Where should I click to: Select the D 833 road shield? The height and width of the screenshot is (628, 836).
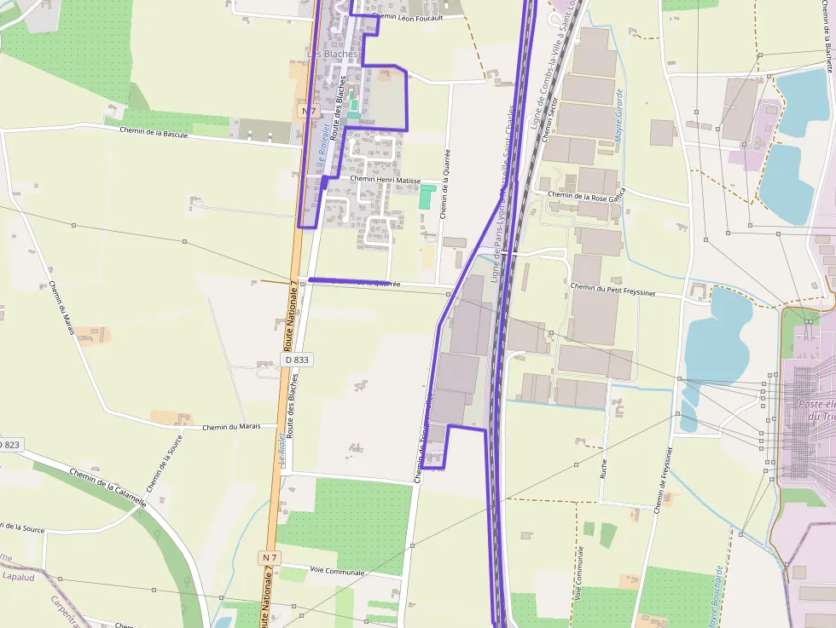[297, 360]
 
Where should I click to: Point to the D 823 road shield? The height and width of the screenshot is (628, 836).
[9, 445]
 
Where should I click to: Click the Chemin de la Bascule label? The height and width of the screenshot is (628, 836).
[154, 133]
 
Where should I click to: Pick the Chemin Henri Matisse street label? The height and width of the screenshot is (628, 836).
[385, 181]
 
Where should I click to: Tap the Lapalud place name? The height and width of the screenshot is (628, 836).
[18, 576]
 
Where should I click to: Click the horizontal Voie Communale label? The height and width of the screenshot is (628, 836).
[337, 571]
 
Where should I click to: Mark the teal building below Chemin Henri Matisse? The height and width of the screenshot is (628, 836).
[427, 198]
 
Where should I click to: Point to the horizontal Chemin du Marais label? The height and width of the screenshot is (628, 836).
[231, 427]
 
